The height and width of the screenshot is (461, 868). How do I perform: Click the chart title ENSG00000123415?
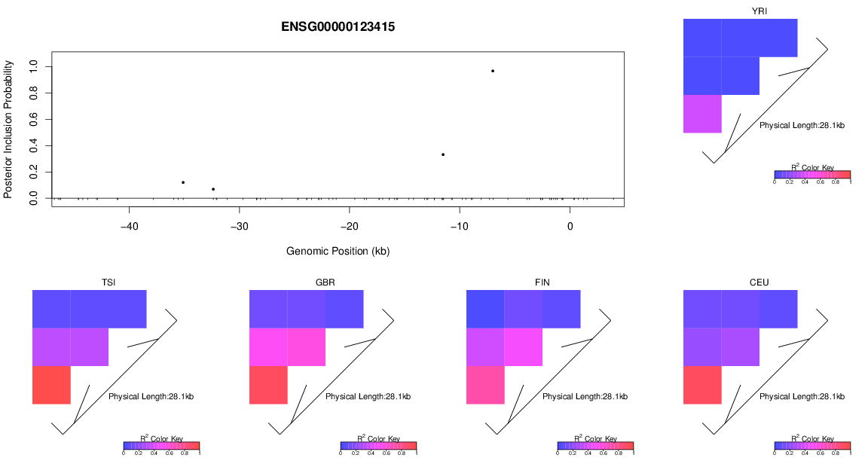pyautogui.click(x=338, y=26)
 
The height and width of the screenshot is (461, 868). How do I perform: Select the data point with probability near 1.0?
pyautogui.click(x=493, y=71)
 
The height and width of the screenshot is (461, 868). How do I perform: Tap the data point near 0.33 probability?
pyautogui.click(x=443, y=154)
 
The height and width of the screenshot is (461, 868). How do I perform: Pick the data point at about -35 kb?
pyautogui.click(x=183, y=182)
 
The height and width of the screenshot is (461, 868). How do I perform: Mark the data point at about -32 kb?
pyautogui.click(x=213, y=189)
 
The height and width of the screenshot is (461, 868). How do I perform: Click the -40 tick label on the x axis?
pyautogui.click(x=130, y=227)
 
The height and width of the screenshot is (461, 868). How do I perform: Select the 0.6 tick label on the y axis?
pyautogui.click(x=33, y=119)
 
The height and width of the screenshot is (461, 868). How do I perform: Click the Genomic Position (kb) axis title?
pyautogui.click(x=338, y=251)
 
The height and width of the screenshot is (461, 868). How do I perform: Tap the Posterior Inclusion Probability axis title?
pyautogui.click(x=8, y=130)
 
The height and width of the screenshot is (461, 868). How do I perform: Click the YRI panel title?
pyautogui.click(x=759, y=11)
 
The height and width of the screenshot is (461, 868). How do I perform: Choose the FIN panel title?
pyautogui.click(x=542, y=282)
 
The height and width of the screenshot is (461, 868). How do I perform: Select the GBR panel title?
pyautogui.click(x=325, y=282)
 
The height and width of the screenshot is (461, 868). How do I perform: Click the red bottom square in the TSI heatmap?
pyautogui.click(x=51, y=385)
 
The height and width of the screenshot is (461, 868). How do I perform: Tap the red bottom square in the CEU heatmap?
pyautogui.click(x=702, y=385)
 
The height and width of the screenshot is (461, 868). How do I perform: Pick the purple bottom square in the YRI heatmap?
pyautogui.click(x=702, y=114)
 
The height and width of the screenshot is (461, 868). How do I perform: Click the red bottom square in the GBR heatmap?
pyautogui.click(x=268, y=385)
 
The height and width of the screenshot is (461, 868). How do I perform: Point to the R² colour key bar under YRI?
pyautogui.click(x=812, y=175)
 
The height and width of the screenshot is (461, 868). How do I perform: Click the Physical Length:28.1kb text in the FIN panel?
pyautogui.click(x=585, y=396)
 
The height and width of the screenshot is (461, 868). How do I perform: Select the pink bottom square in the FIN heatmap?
pyautogui.click(x=485, y=385)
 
